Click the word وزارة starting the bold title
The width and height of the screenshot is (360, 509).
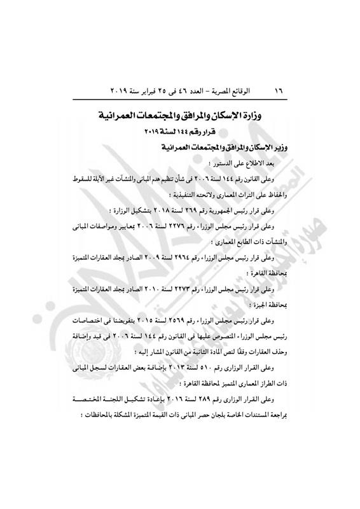tap(254, 117)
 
